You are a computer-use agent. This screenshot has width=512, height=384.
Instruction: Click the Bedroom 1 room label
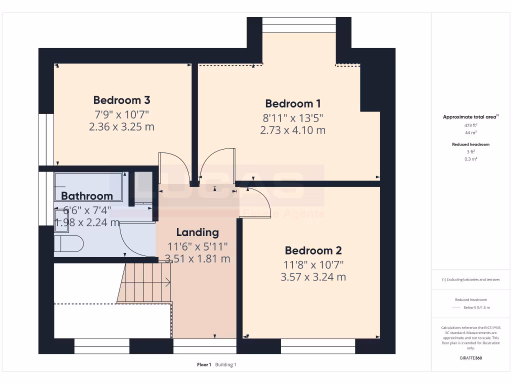pyautogui.click(x=292, y=103)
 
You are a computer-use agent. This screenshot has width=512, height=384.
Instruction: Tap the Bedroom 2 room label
pyautogui.click(x=312, y=250)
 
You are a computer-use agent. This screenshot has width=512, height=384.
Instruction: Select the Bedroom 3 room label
pyautogui.click(x=121, y=100)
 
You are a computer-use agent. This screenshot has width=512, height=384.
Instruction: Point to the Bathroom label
pyautogui.click(x=87, y=196)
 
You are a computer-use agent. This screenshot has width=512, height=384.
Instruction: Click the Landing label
pyautogui.click(x=197, y=232)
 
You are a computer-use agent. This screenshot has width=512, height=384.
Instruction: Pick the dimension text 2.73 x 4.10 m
pyautogui.click(x=292, y=130)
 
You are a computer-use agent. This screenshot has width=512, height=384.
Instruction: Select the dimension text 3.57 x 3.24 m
pyautogui.click(x=312, y=276)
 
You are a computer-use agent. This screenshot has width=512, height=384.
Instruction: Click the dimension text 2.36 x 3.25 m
pyautogui.click(x=121, y=126)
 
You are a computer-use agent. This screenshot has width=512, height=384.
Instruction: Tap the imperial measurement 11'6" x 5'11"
pyautogui.click(x=197, y=246)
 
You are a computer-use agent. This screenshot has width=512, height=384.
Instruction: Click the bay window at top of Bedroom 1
pyautogui.click(x=299, y=24)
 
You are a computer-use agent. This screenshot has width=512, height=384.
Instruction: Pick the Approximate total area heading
pyautogui.click(x=470, y=117)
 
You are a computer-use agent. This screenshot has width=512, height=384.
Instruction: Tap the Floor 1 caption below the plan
pyautogui.click(x=204, y=364)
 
